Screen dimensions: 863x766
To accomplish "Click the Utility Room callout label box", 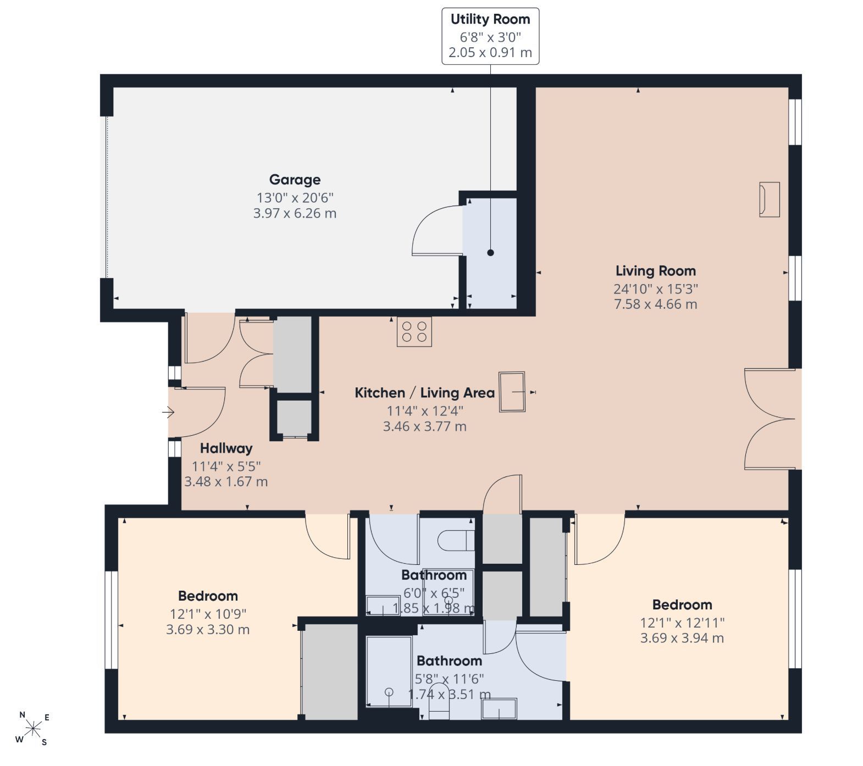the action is [x=490, y=36].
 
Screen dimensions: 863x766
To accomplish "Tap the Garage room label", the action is [x=295, y=180].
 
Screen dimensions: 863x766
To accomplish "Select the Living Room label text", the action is [x=655, y=271].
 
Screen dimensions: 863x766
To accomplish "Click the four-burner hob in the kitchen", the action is [x=414, y=331].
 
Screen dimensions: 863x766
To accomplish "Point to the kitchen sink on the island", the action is [x=512, y=392].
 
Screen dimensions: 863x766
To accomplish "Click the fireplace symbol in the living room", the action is [x=769, y=199].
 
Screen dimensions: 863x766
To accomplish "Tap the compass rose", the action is [x=34, y=729].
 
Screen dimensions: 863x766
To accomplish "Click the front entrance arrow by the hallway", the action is [x=168, y=412].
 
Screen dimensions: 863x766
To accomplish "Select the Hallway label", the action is [x=226, y=448].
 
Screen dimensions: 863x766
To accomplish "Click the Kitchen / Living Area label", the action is [x=424, y=393].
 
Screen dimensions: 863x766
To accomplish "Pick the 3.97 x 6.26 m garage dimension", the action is [x=295, y=213].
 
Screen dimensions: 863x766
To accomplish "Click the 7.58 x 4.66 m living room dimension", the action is [x=655, y=304].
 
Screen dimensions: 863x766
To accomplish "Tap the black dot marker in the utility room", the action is [x=490, y=253].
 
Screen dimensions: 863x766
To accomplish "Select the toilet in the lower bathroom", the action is [x=439, y=701].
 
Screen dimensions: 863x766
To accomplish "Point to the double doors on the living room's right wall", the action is [x=770, y=419].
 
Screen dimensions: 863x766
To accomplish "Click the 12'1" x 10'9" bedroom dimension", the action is [x=208, y=613].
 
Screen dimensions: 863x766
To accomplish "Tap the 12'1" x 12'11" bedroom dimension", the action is [x=682, y=623].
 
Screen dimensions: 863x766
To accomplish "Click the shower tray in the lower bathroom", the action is [x=389, y=671].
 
